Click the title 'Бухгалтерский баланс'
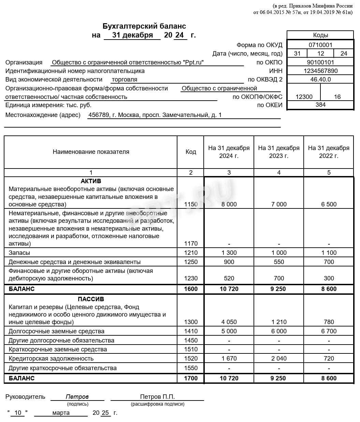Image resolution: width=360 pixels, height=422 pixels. (144, 26)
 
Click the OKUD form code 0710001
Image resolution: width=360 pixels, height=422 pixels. (320, 45)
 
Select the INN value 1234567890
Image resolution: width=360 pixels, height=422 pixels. (320, 71)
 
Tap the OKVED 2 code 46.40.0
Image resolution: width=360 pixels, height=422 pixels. (320, 79)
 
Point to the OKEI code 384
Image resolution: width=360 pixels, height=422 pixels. (320, 105)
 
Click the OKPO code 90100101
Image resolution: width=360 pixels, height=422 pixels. (320, 62)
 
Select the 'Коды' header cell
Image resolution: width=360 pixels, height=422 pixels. (320, 35)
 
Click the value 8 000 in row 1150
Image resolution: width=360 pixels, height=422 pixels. (229, 204)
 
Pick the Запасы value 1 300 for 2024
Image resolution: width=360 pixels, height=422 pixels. (229, 253)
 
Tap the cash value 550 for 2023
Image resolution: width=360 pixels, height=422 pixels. (279, 262)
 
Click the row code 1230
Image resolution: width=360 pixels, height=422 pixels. (191, 278)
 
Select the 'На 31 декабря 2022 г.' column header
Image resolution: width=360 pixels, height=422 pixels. (329, 152)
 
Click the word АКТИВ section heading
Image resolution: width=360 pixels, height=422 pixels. (91, 181)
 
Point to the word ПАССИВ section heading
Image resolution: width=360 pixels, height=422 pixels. (91, 300)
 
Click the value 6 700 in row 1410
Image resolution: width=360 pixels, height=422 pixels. (329, 331)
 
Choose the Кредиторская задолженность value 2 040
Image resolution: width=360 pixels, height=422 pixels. (279, 359)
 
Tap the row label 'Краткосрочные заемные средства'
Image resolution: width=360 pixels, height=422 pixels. (58, 349)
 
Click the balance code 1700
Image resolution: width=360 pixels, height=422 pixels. (191, 378)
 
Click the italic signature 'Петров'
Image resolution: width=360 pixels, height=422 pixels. (77, 397)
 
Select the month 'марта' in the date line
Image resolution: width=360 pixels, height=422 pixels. (61, 413)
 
